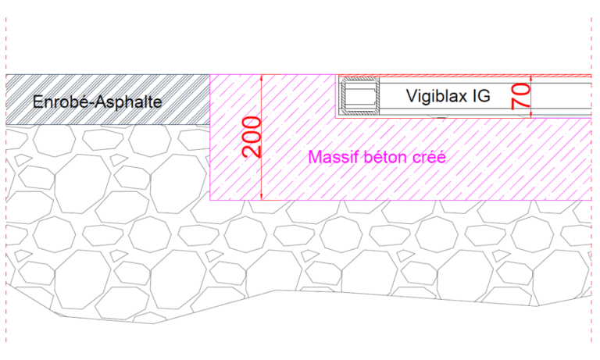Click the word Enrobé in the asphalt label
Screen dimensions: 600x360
(x=62, y=102)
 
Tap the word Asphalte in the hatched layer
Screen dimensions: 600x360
(x=129, y=102)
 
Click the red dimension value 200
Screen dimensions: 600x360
(x=252, y=137)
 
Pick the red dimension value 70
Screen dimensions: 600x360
(x=521, y=96)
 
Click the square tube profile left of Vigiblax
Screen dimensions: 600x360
(x=360, y=96)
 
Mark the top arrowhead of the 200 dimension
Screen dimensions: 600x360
(x=262, y=77)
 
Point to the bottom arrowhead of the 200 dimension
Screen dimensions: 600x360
(x=262, y=197)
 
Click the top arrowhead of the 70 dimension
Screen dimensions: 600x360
(x=531, y=78)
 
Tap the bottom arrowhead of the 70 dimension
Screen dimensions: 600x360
(x=531, y=115)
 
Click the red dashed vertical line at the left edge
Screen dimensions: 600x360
(x=6, y=180)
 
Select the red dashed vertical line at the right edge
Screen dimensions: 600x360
(x=591, y=180)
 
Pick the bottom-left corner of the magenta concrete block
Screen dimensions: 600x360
(x=210, y=200)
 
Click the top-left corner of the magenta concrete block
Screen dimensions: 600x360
(x=210, y=75)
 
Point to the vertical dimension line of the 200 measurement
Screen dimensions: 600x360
(x=262, y=137)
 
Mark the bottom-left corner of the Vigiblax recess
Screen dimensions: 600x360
(x=336, y=118)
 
